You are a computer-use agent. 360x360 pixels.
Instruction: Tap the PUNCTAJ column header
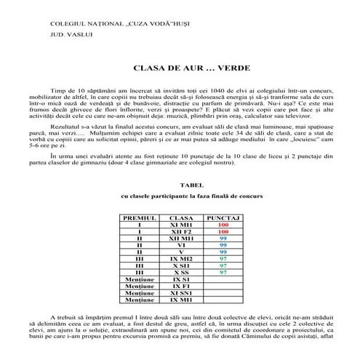tap(223, 217)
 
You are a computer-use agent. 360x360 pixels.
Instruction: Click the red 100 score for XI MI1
tap(223, 225)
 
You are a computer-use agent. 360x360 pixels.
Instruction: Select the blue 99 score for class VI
tap(223, 245)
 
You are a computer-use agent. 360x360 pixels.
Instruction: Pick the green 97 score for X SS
tap(223, 272)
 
